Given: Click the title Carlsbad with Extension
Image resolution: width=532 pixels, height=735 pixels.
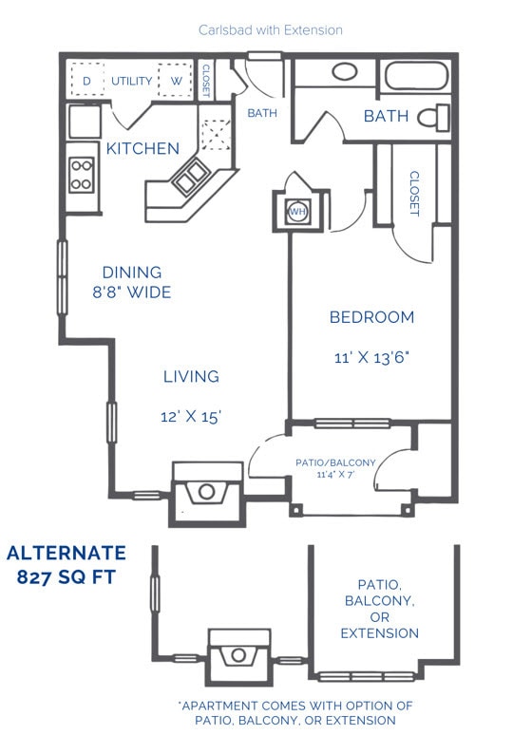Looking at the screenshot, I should (x=271, y=30).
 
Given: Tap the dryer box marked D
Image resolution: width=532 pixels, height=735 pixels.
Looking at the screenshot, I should (x=86, y=81).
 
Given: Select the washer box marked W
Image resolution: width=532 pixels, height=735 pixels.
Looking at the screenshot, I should (x=176, y=81).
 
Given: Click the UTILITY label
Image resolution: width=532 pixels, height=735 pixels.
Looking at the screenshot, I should (x=131, y=81).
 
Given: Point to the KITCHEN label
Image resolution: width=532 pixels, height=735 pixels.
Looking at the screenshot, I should (x=142, y=148).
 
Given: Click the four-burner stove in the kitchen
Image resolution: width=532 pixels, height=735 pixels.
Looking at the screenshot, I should (x=82, y=174).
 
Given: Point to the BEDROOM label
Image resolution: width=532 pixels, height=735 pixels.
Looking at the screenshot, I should (x=371, y=317).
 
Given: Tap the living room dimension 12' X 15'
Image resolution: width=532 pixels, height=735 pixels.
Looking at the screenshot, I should (x=192, y=416).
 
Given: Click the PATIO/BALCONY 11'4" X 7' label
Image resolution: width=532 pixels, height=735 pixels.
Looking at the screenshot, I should (x=335, y=467).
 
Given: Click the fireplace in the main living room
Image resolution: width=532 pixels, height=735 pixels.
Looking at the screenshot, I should (x=207, y=492).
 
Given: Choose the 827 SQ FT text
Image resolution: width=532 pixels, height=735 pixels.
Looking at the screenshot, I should (x=66, y=576).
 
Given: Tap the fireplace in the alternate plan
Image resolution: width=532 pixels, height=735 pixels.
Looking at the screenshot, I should (x=238, y=654).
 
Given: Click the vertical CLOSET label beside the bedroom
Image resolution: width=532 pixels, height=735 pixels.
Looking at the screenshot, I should (x=413, y=194).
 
